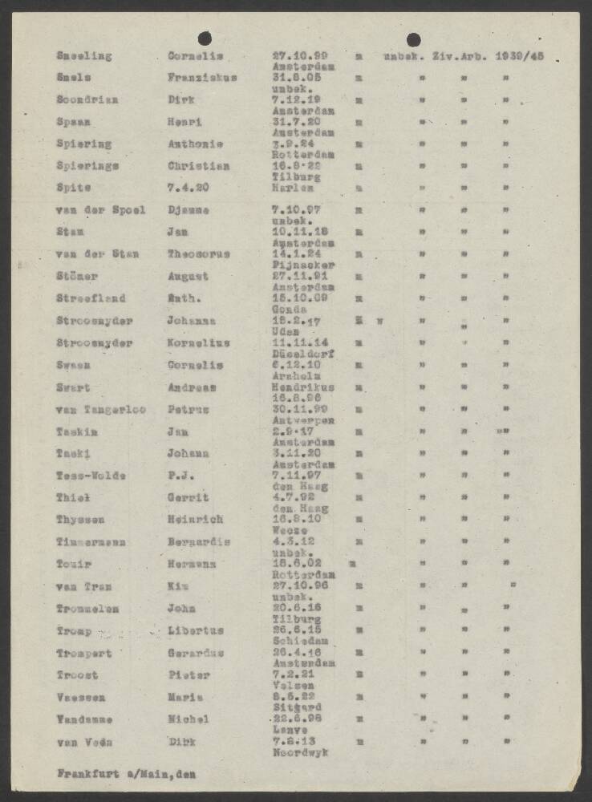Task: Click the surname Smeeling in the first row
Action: tap(84, 56)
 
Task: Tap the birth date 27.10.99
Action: tap(294, 56)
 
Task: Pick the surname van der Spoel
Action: tap(101, 210)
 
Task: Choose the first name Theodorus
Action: tap(198, 254)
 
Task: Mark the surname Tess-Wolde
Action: tap(91, 475)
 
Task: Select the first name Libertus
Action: tap(196, 630)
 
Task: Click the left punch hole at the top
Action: tap(205, 37)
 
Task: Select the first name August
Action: tap(188, 277)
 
